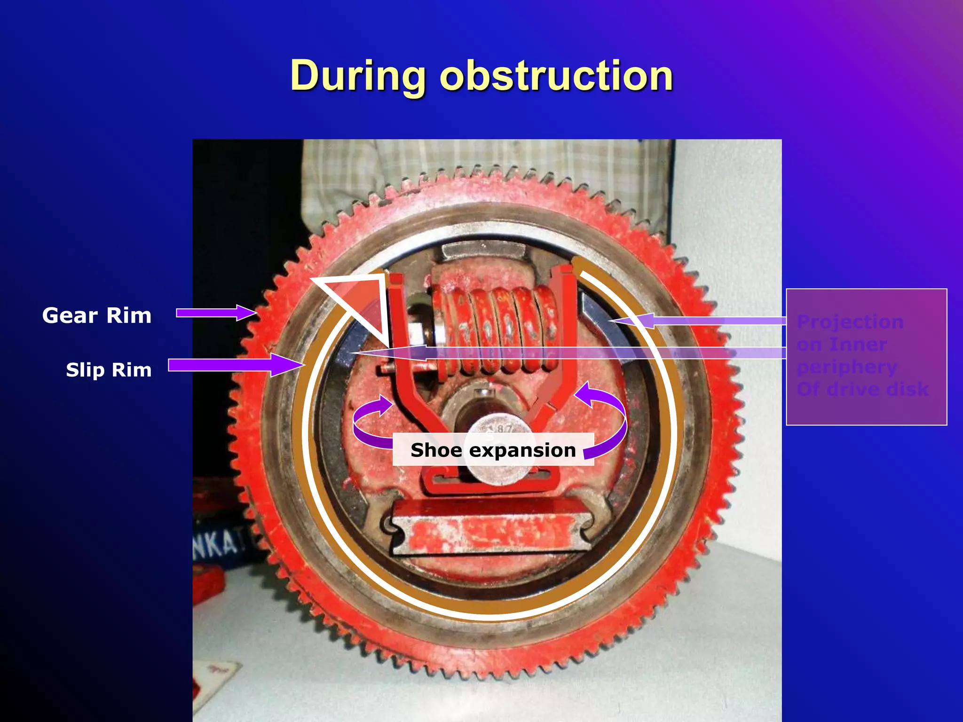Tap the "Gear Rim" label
(x=97, y=315)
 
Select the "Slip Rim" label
(x=109, y=370)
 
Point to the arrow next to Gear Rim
(x=216, y=313)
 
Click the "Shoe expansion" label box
(x=493, y=450)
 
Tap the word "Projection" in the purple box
(x=850, y=322)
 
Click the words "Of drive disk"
(x=862, y=389)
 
